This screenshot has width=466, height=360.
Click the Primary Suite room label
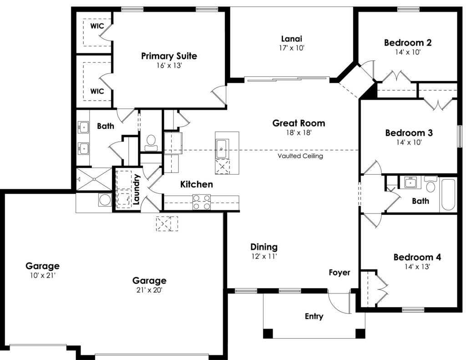click(x=169, y=56)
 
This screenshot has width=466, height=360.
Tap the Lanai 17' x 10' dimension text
click(x=292, y=48)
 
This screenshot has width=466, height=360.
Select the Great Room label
click(x=299, y=123)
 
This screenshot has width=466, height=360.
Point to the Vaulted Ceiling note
click(x=300, y=156)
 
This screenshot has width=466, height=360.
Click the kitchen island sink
click(x=222, y=148)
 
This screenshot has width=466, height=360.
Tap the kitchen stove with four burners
click(x=202, y=202)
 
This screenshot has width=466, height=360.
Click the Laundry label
click(x=137, y=189)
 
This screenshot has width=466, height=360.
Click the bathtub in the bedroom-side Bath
click(x=448, y=194)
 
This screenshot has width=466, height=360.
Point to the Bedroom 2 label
click(x=408, y=42)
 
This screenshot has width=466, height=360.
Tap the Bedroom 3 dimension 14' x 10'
click(x=409, y=142)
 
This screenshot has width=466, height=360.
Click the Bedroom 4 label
click(x=417, y=257)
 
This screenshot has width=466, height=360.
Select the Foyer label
click(x=339, y=272)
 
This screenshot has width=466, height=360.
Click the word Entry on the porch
click(x=314, y=316)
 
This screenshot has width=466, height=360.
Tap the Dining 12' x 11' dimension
click(x=264, y=256)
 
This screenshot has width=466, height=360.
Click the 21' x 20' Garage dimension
click(x=149, y=290)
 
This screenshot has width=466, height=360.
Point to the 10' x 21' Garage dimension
click(x=43, y=275)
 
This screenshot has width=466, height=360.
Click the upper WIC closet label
click(x=97, y=26)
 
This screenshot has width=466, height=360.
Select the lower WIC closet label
click(x=97, y=91)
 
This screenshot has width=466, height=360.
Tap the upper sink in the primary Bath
click(x=84, y=127)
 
